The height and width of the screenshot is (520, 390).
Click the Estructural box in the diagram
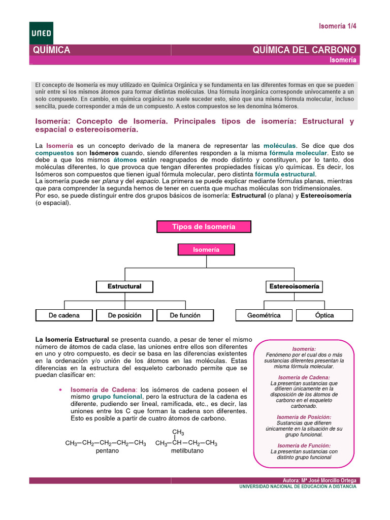[124, 286]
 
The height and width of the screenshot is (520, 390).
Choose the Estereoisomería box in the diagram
[294, 286]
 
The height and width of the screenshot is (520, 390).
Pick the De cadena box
[64, 315]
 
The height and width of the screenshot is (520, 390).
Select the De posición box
[124, 315]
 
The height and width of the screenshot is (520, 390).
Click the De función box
[185, 315]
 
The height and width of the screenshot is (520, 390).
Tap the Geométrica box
[264, 315]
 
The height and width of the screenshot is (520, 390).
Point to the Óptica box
[324, 315]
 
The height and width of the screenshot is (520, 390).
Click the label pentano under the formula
[107, 451]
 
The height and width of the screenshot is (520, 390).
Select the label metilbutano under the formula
[187, 451]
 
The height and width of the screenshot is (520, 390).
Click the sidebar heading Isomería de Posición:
[304, 417]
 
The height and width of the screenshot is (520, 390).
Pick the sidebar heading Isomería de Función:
[304, 445]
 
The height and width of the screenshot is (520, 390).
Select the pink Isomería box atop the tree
[206, 250]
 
